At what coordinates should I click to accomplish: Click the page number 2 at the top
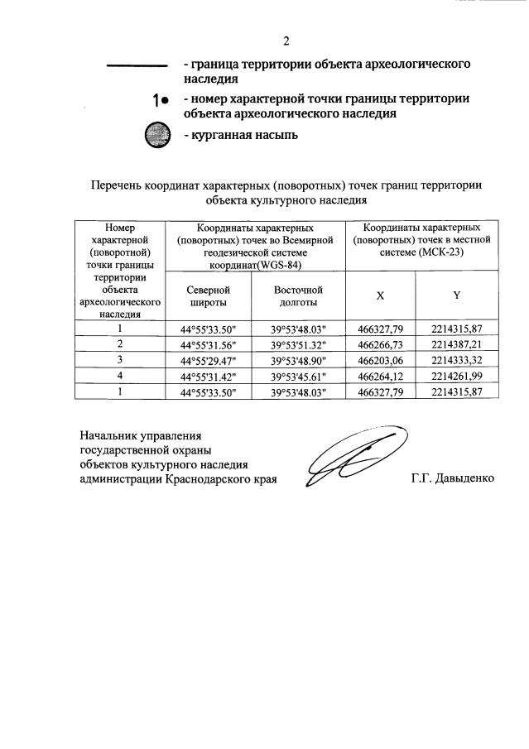pyautogui.click(x=286, y=41)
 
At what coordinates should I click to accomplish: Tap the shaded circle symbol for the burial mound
pyautogui.click(x=156, y=135)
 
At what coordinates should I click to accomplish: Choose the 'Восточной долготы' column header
pyautogui.click(x=298, y=296)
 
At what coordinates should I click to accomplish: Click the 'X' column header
pyautogui.click(x=380, y=295)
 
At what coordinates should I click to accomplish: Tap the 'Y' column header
pyautogui.click(x=456, y=295)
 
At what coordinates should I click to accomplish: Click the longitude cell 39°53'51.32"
pyautogui.click(x=298, y=344)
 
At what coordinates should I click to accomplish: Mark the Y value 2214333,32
pyautogui.click(x=456, y=360)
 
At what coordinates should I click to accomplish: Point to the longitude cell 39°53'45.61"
pyautogui.click(x=298, y=376)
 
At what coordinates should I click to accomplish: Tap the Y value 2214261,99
pyautogui.click(x=456, y=376)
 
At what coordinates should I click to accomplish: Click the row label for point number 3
pyautogui.click(x=120, y=360)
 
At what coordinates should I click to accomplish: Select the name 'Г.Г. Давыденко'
pyautogui.click(x=452, y=479)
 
